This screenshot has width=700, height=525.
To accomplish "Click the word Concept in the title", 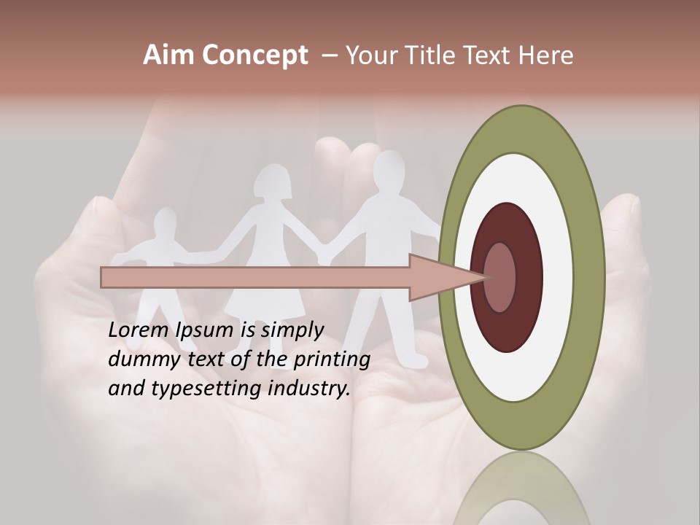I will pos(255,55).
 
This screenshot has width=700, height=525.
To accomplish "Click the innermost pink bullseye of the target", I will pos(500,277).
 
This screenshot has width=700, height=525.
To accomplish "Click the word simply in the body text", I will pos(292,330).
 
